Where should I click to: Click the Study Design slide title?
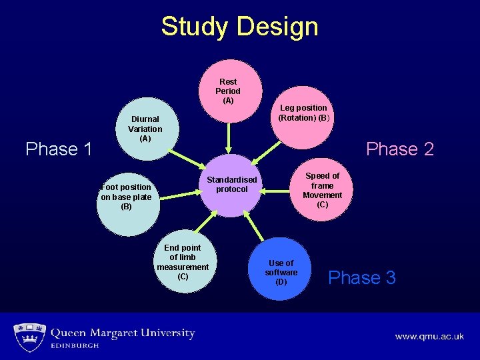click(240, 27)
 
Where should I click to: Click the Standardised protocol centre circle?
click(232, 185)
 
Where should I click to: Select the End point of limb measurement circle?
click(183, 263)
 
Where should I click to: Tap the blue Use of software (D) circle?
click(281, 270)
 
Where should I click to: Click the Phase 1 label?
click(59, 149)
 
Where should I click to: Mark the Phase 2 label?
click(400, 149)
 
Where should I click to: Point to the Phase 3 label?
click(362, 277)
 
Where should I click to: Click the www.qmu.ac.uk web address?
click(429, 337)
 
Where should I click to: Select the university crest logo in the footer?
click(29, 337)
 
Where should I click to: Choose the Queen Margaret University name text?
click(123, 333)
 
